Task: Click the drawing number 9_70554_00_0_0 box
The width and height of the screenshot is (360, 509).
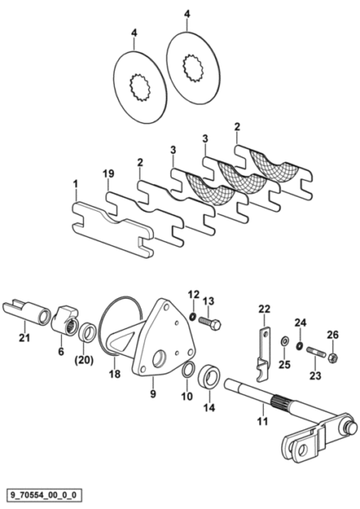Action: (44, 496)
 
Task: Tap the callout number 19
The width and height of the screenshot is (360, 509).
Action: (109, 174)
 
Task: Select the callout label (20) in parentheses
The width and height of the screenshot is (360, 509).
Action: (84, 360)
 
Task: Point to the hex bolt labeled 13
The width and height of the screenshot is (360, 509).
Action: (209, 324)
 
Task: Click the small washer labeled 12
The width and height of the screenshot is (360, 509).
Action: (193, 316)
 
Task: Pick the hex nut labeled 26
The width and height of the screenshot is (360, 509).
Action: (334, 358)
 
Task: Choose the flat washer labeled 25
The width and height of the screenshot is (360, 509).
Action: (285, 342)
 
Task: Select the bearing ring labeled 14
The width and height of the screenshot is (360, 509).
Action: (209, 378)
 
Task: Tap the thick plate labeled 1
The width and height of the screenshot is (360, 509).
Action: (113, 230)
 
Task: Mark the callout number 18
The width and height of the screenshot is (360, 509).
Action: (115, 374)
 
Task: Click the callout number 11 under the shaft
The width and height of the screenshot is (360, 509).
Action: (262, 421)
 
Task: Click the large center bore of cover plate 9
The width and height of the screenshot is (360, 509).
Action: (160, 358)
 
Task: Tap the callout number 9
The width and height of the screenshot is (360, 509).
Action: (153, 393)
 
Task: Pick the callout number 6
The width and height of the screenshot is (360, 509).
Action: (61, 352)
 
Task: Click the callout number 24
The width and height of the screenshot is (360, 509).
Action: (301, 323)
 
